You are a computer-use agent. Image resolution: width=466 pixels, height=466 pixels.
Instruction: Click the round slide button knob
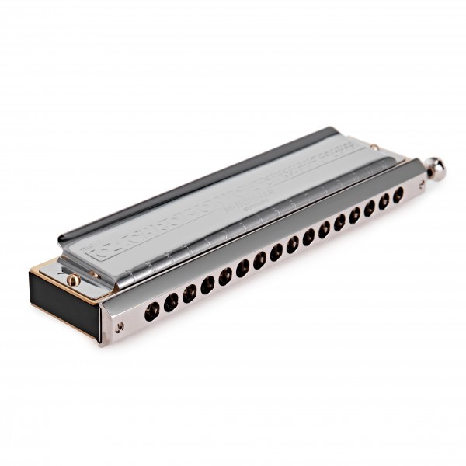[x=436, y=169]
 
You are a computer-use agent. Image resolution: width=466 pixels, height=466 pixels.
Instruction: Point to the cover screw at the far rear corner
[x=374, y=147]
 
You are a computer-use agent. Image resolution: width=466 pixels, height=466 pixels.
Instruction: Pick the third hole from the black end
[x=190, y=292]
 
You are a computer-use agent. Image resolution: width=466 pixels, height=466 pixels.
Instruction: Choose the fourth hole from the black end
[x=207, y=284]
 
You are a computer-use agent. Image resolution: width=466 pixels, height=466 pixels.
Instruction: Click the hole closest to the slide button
[x=398, y=196]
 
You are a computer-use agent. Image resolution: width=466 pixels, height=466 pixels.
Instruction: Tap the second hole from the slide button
[x=383, y=203]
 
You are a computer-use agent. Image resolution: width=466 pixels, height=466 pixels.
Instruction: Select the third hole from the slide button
[x=369, y=209]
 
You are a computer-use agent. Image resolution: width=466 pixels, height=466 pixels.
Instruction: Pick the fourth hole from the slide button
[x=354, y=215]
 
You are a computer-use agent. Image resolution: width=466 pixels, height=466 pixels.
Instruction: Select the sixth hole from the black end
[x=242, y=269]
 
